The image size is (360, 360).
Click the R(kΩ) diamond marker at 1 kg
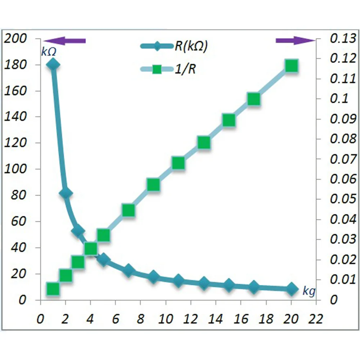coord(53,65)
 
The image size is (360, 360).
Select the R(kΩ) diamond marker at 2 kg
coord(66,194)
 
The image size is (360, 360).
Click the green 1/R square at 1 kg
coord(53,289)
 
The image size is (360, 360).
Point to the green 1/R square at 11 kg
coord(178,163)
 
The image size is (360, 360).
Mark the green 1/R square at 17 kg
coord(253,99)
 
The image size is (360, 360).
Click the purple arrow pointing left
coord(65,41)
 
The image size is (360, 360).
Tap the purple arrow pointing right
coord(295,40)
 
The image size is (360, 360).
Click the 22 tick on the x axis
coord(316,318)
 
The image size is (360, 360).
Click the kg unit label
coord(309,291)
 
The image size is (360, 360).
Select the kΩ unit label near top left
coord(49,52)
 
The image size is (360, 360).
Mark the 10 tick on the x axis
coord(166,318)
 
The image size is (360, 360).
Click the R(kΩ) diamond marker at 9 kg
coord(153,277)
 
